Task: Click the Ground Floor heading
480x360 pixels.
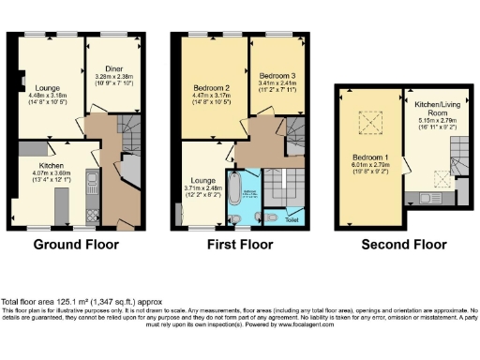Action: tap(77, 246)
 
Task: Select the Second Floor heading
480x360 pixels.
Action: tap(403, 246)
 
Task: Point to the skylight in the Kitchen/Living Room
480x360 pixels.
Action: tap(441, 174)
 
